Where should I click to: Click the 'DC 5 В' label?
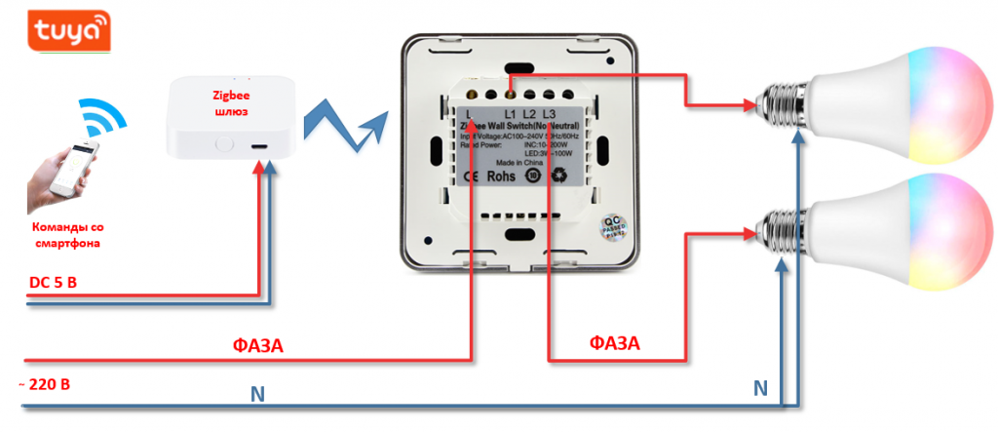pyautogui.click(x=53, y=283)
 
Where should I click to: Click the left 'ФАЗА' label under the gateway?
pyautogui.click(x=257, y=346)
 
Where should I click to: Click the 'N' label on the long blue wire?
pyautogui.click(x=256, y=395)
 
